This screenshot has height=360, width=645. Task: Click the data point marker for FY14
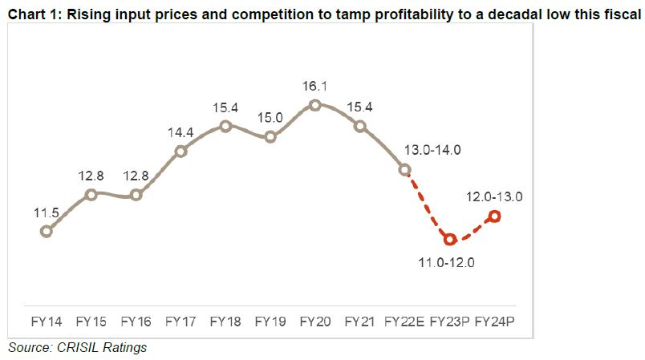tap(47, 231)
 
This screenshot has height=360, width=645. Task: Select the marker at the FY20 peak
tap(315, 105)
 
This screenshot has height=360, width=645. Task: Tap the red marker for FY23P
tap(450, 239)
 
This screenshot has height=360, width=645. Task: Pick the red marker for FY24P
tap(495, 216)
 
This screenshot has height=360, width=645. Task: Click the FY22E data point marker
tap(405, 169)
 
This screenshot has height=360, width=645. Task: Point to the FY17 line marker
tap(181, 150)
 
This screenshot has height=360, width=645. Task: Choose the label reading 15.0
tap(270, 119)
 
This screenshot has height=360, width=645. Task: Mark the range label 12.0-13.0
tap(493, 196)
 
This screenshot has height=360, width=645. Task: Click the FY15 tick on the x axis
tap(91, 322)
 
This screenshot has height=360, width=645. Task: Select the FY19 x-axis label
tap(270, 322)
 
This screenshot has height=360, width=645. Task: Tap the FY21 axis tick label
tap(360, 322)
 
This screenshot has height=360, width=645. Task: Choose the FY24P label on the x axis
tap(496, 322)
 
